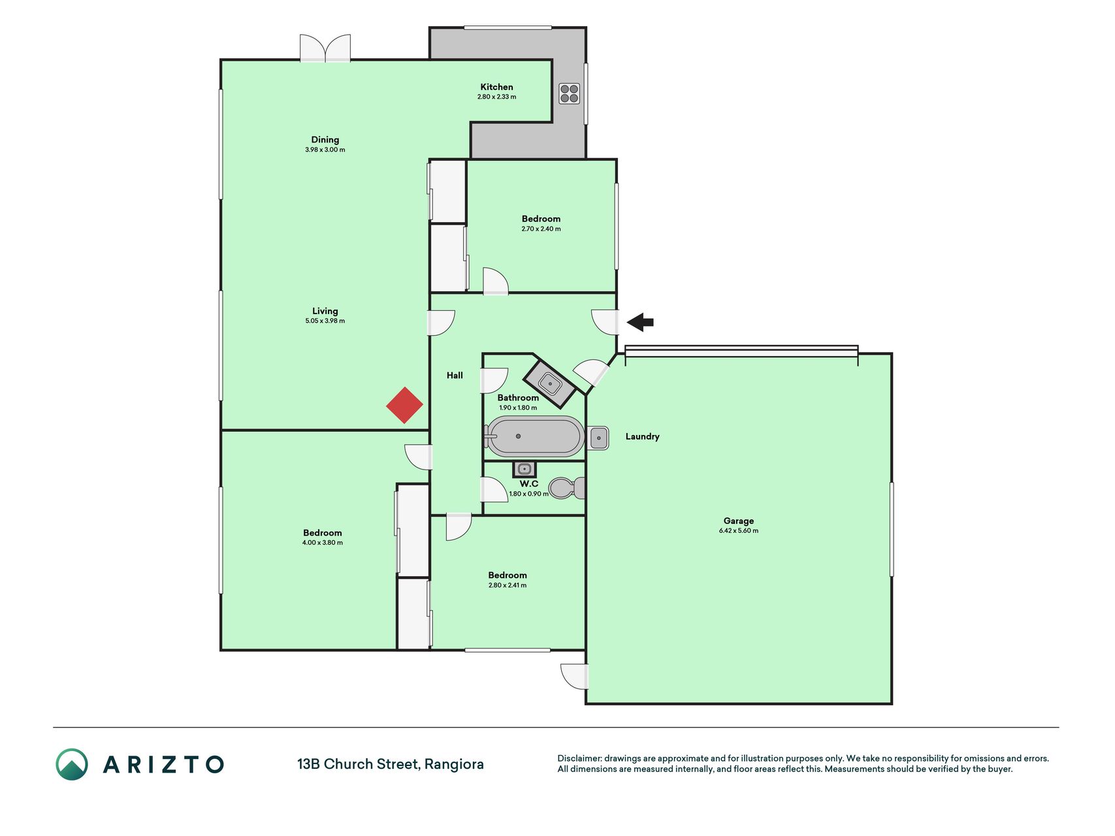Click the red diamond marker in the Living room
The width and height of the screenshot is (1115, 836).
404,405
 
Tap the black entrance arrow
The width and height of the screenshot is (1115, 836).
640,322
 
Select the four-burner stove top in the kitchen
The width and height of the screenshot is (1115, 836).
569,93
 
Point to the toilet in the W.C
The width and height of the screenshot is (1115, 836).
567,487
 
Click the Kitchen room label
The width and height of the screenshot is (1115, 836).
496,87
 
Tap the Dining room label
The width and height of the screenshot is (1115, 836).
325,139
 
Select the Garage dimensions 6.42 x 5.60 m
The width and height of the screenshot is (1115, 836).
739,531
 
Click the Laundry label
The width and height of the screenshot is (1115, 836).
642,436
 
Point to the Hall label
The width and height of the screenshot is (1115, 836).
455,375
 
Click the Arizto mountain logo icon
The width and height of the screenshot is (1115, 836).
72,764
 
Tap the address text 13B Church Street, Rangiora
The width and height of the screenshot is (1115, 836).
391,764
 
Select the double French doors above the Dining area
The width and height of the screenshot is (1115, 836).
325,48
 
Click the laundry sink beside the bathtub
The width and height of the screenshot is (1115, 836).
599,438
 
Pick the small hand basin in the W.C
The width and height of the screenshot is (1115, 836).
524,469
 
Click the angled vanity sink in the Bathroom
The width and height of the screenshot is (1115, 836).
550,383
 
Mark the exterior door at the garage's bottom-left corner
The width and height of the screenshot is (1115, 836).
574,677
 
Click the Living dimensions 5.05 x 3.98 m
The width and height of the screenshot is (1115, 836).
325,321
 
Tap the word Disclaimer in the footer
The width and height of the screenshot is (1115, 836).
579,758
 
